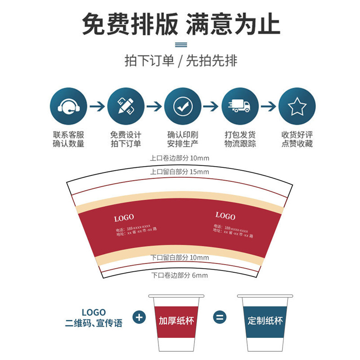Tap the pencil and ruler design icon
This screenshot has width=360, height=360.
point(126,107)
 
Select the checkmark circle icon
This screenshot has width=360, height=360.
point(183,107)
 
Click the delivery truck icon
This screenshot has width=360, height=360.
point(239,107)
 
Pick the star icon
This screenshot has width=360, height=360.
point(297,107)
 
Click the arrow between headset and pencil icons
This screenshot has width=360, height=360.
point(97,107)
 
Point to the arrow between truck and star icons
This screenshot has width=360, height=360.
point(268,107)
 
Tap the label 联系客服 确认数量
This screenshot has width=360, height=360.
point(69,139)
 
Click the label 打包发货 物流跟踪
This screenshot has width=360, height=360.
point(240,139)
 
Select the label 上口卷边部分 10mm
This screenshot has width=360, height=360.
point(180,158)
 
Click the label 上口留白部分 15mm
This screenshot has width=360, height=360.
point(180,172)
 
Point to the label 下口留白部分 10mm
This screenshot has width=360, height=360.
point(180,258)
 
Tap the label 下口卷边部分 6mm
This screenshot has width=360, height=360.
point(180,275)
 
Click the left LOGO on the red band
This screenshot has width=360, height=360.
point(124,218)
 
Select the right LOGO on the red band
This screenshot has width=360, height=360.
point(225,216)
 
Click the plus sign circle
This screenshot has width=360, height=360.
point(139,317)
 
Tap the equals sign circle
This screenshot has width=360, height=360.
point(220,317)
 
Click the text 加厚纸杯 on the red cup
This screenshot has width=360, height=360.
point(176,321)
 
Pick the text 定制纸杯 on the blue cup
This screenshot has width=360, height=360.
point(265,321)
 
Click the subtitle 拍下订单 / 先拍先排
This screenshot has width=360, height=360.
point(180,61)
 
